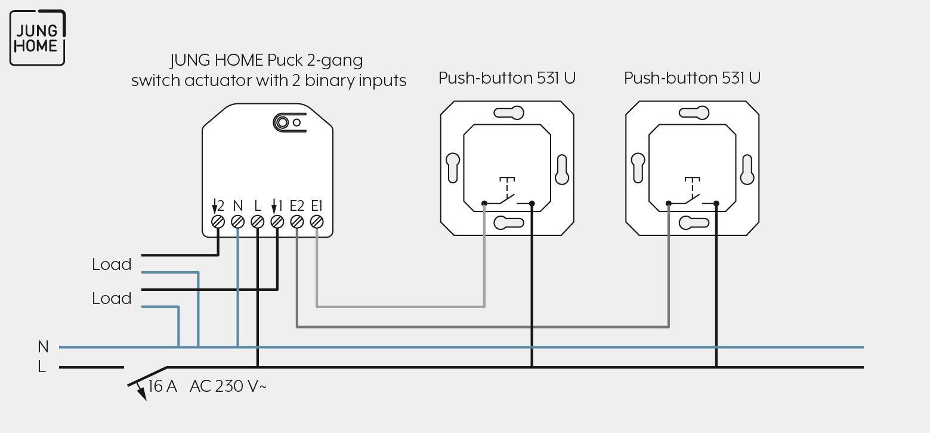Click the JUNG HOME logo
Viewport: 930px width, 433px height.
(x=38, y=38)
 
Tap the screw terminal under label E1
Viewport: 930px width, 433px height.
(x=317, y=222)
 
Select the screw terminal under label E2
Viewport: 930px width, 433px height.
(x=297, y=222)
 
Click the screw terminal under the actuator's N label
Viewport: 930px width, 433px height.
(x=237, y=222)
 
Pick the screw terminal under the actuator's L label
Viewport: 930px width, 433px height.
(x=258, y=222)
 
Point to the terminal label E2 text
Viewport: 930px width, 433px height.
(x=297, y=205)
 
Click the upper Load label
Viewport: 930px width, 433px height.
(x=112, y=265)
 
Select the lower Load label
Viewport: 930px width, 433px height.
(x=112, y=299)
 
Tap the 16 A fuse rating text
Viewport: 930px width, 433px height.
(x=163, y=386)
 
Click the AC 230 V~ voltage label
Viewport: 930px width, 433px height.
(x=228, y=386)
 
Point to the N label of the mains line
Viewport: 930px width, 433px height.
(x=43, y=346)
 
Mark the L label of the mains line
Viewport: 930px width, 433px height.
(x=42, y=367)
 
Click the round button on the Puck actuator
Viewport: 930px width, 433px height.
(x=283, y=122)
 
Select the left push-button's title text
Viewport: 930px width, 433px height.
(x=507, y=78)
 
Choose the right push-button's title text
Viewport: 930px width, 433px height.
(x=692, y=78)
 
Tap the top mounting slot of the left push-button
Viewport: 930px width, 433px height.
(x=509, y=113)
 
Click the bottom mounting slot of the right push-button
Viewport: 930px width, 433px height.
(x=694, y=223)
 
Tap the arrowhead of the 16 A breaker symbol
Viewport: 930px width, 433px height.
(x=142, y=394)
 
